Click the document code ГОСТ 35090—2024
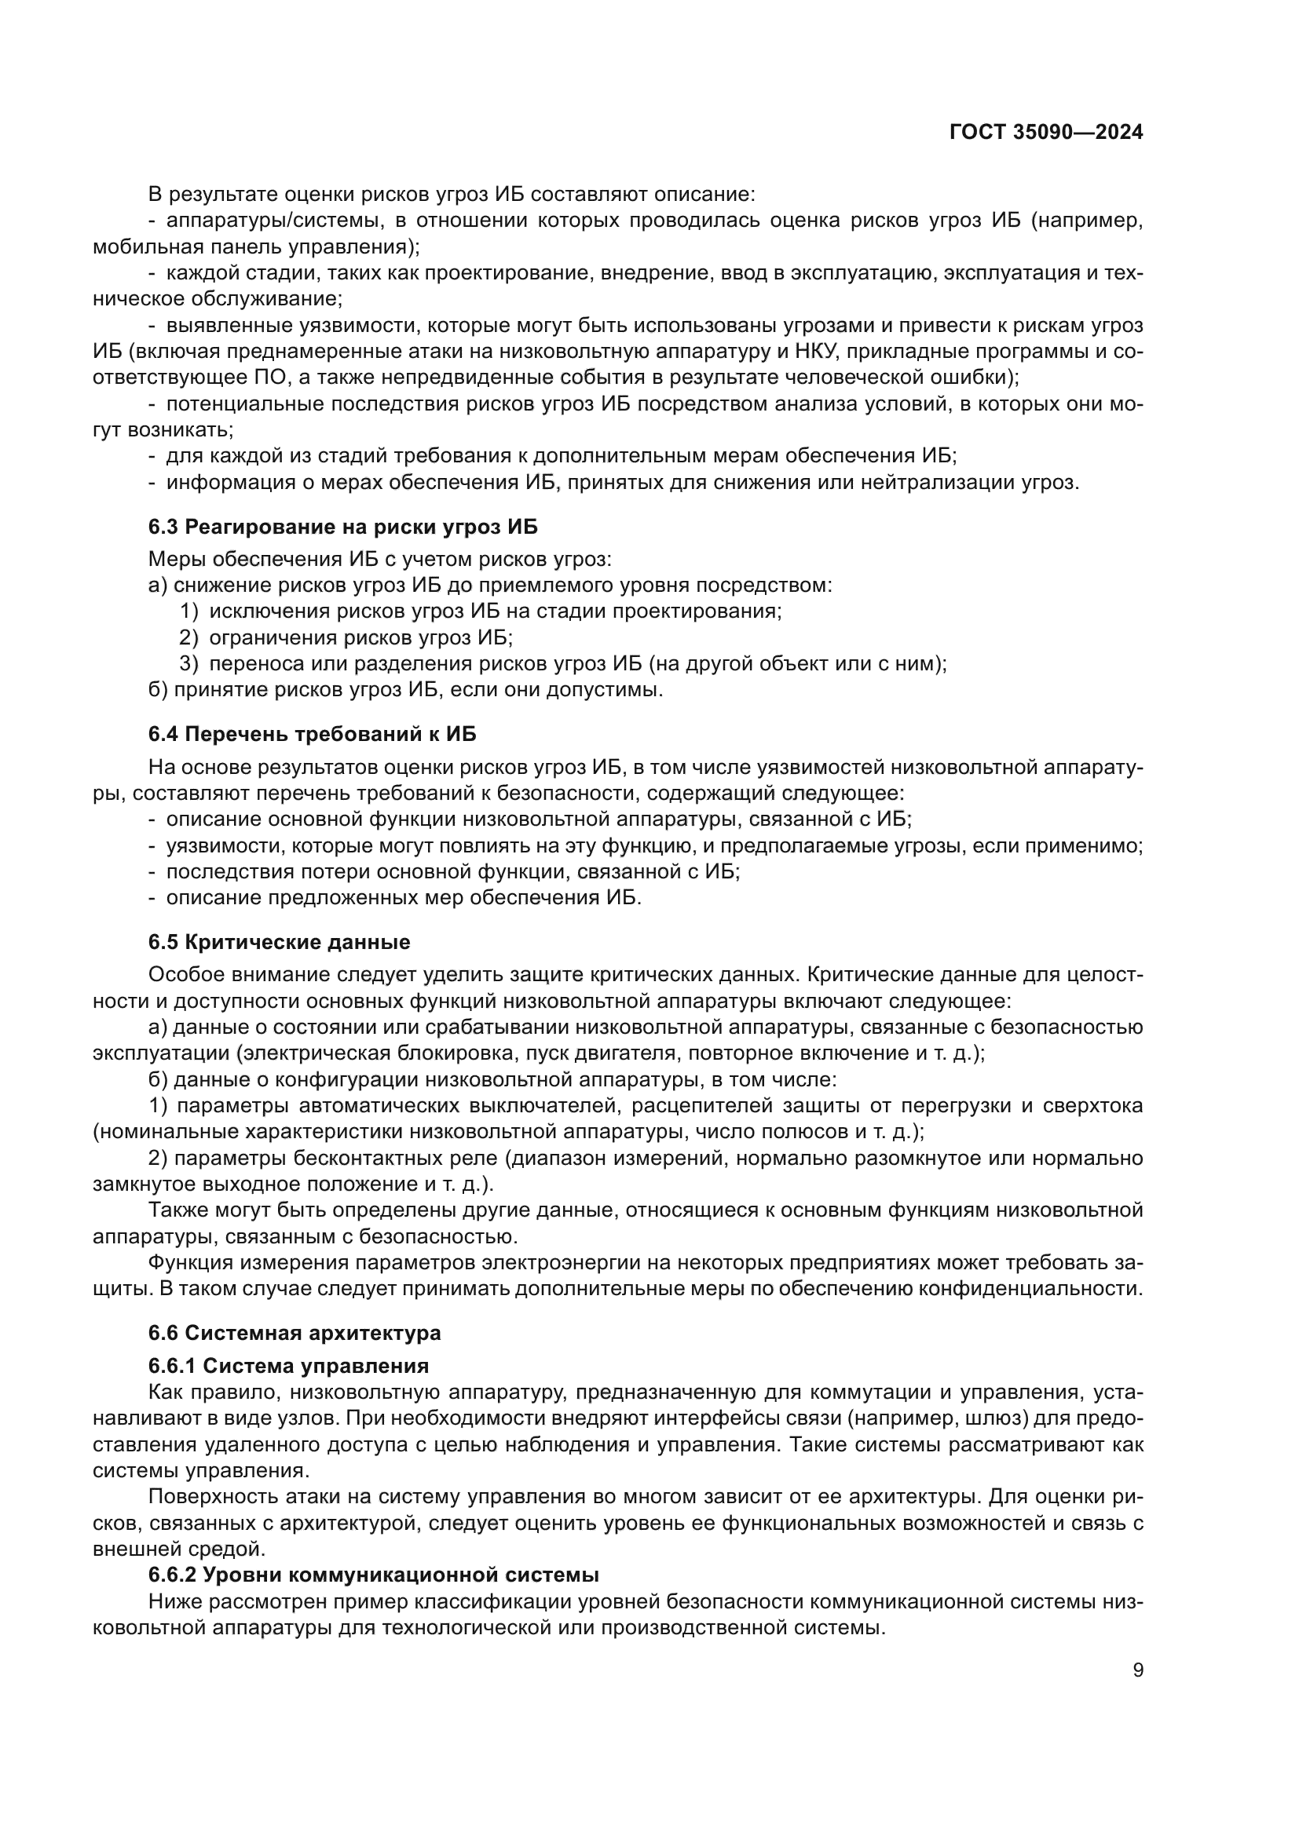1045,133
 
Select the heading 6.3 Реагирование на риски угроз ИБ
342,527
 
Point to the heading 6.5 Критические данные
279,942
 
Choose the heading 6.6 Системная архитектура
295,1333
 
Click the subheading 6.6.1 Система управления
288,1365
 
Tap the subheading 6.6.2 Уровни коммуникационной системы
374,1575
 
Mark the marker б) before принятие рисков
158,689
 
